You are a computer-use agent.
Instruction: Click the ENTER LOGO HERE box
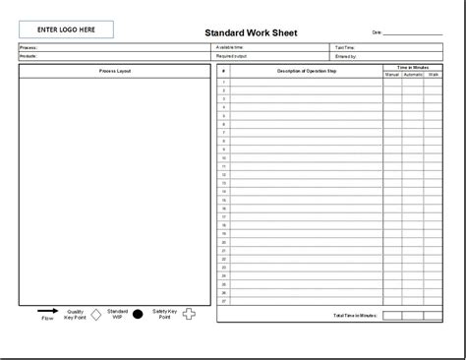coord(66,29)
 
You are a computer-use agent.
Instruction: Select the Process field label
coord(28,47)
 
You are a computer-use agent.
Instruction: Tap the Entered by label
coord(346,56)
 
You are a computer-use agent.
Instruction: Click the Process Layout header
coord(115,72)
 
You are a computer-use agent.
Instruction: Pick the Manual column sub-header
coord(392,75)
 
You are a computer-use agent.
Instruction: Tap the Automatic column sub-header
coord(414,75)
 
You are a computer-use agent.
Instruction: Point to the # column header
coord(224,72)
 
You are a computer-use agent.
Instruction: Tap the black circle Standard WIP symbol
coord(138,315)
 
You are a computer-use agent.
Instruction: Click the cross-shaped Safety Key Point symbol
coord(190,315)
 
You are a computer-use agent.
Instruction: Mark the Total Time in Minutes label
coord(356,315)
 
